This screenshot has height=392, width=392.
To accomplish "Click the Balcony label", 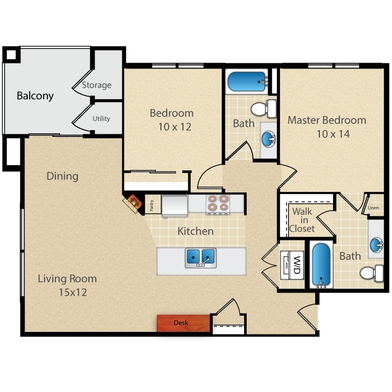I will pos(35,96).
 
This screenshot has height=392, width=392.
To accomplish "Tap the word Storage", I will pos(96,85).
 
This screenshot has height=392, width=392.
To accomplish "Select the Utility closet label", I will pos(101,119).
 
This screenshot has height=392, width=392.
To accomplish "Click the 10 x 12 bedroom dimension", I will pos(171,127).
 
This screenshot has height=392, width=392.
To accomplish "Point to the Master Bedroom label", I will pos(327,120).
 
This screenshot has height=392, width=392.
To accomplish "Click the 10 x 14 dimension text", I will pos(332,134).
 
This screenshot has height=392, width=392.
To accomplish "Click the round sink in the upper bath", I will pos(268,139).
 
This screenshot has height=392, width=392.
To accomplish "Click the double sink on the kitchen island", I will pos(200,256).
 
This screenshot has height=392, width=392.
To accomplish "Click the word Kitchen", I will pos(195,230).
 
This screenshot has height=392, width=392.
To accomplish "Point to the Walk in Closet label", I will pos(303,220).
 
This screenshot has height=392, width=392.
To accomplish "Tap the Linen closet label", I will pos(373,208).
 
